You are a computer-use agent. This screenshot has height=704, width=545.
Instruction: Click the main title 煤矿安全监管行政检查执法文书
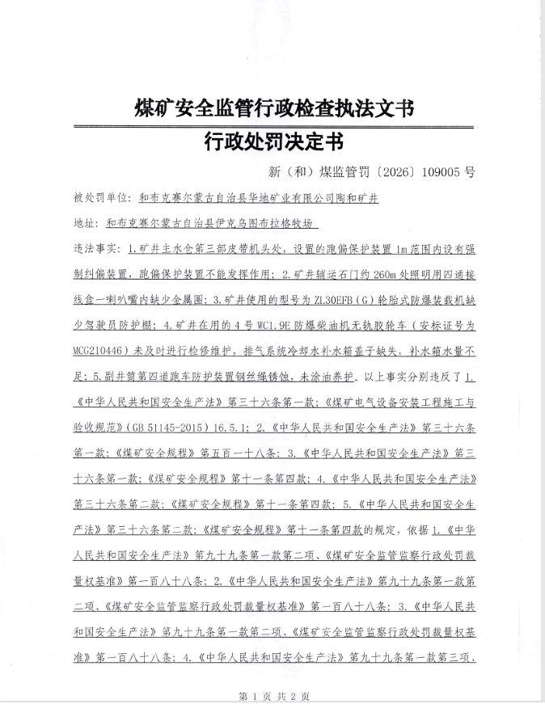pos(273,107)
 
